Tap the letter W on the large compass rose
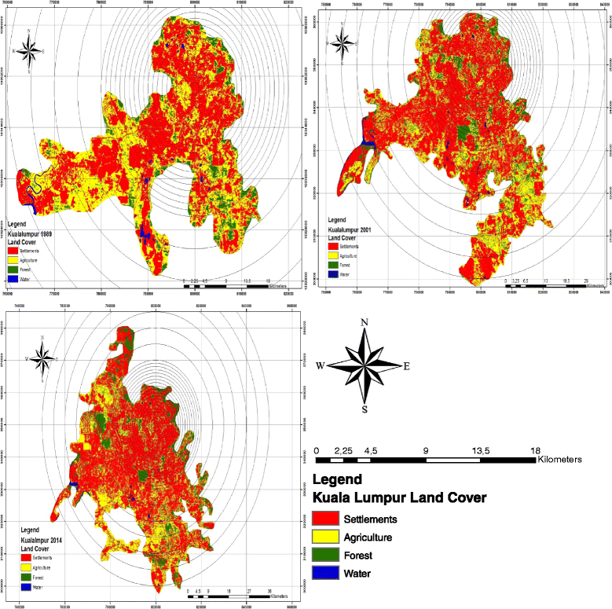[x=321, y=366]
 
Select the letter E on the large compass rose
[x=406, y=366]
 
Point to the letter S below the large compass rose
[x=364, y=409]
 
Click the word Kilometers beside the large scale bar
[x=559, y=460]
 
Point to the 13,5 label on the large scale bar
[x=481, y=450]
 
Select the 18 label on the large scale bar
[x=537, y=450]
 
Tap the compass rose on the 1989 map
[x=30, y=52]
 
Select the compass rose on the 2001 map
[x=343, y=41]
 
